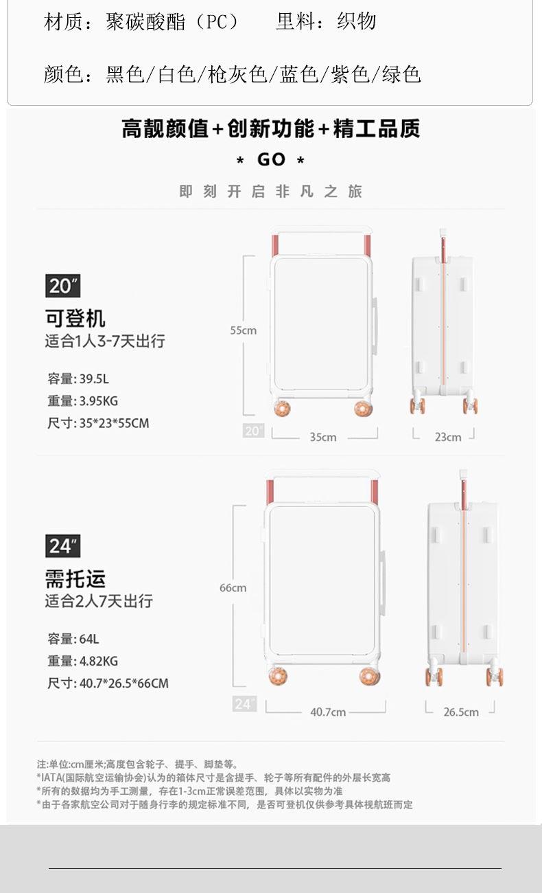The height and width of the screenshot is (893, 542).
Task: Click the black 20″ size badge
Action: pos(63,286)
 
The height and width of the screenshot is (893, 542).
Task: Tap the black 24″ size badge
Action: pos(63,546)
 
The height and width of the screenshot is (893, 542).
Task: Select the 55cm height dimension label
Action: pos(244,330)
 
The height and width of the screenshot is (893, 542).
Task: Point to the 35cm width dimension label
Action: pos(323,437)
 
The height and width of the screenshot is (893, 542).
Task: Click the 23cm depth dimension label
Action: pos(448,437)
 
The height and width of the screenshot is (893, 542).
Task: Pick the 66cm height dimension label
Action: pos(233,587)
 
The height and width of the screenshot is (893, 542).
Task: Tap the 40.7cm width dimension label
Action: pos(328,712)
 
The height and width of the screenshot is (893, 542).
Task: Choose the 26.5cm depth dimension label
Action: pos(461,712)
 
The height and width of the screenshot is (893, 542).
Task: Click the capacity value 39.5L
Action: pos(94,378)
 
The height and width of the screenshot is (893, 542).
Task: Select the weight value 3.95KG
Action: pos(98,400)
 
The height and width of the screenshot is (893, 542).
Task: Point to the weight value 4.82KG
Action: pos(98,661)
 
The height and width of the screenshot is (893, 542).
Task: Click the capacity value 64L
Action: pos(89,639)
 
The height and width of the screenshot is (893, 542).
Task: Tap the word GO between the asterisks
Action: pos(272,160)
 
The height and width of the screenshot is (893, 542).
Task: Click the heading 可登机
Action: pos(75,318)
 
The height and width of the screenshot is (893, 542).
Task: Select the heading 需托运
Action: pos(75,578)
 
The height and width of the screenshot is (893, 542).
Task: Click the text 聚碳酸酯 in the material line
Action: pos(145,21)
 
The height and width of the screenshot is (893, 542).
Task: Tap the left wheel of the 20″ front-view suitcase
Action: pos(282,409)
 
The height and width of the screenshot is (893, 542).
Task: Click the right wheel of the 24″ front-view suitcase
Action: pos(369,677)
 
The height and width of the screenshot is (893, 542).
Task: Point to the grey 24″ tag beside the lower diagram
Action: pos(244,703)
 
